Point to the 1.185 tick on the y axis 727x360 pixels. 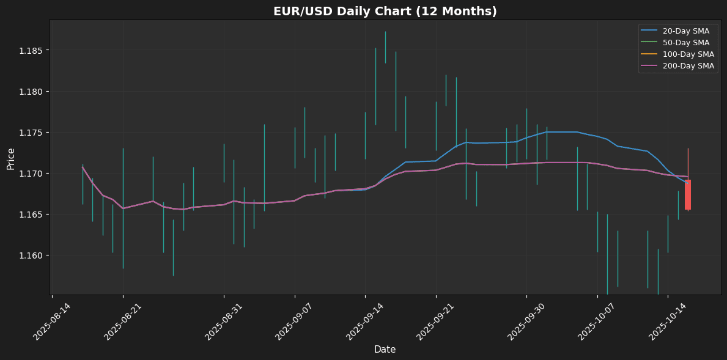pyautogui.click(x=31, y=50)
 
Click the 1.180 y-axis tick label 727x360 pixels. pyautogui.click(x=31, y=92)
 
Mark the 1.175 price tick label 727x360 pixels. pyautogui.click(x=31, y=133)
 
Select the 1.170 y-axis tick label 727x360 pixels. pyautogui.click(x=31, y=174)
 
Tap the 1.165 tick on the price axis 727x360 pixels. pyautogui.click(x=31, y=215)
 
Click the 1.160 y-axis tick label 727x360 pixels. pyautogui.click(x=31, y=255)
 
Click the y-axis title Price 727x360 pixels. pyautogui.click(x=11, y=159)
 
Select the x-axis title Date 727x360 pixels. pyautogui.click(x=385, y=350)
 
